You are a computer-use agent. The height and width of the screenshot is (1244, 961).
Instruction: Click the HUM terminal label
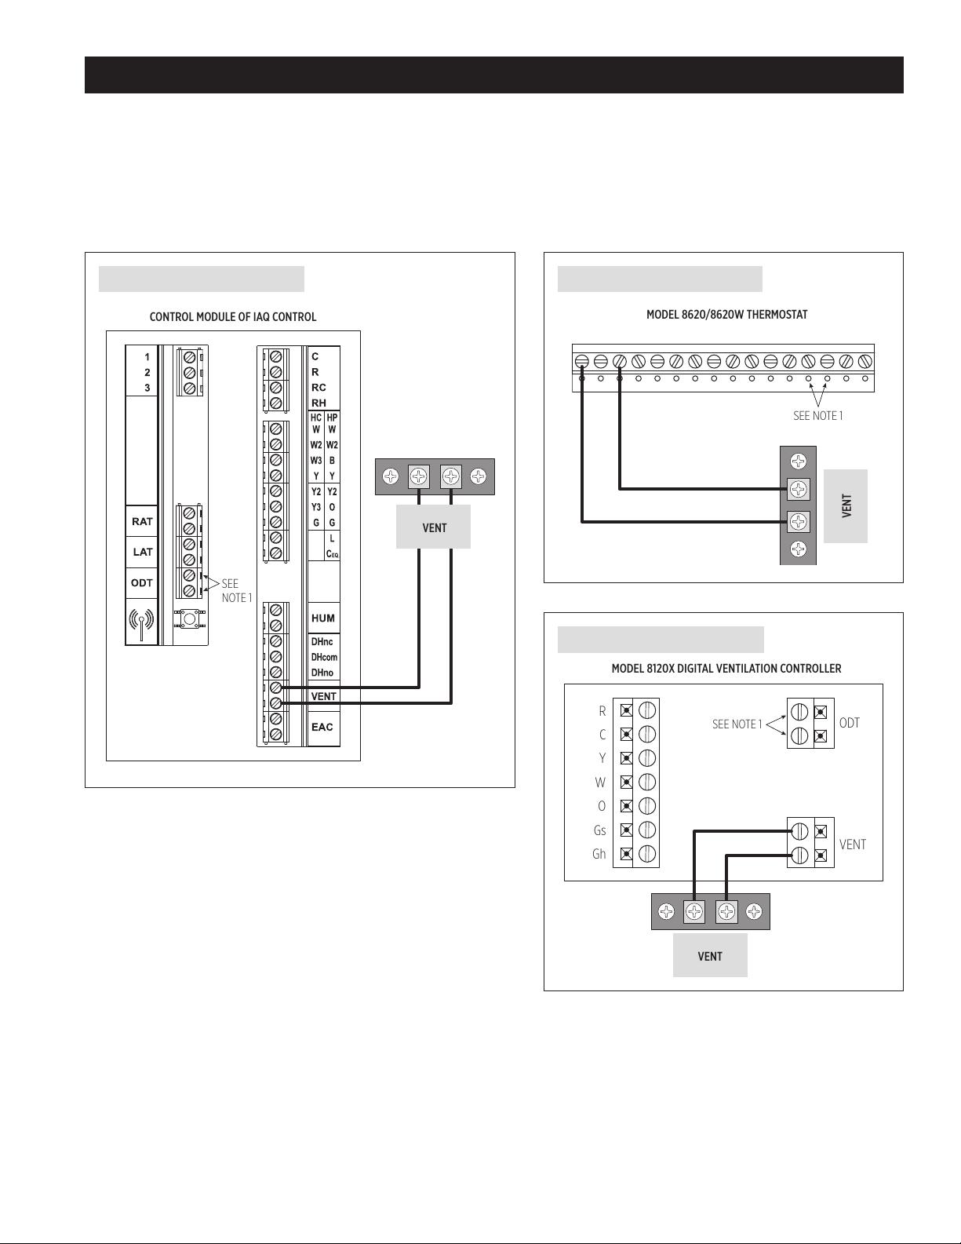(x=323, y=618)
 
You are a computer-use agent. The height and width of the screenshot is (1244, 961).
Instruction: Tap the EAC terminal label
(x=322, y=727)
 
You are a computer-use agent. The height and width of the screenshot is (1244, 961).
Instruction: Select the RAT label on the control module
(x=142, y=521)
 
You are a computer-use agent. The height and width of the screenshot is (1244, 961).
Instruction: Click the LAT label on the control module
(x=143, y=552)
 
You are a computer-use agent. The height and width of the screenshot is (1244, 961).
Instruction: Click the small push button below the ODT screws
(x=188, y=619)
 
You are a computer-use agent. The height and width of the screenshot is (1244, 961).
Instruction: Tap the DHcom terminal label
(x=324, y=657)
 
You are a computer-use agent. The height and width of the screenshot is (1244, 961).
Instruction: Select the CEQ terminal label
(x=333, y=554)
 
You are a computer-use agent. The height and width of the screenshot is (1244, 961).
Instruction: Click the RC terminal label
(x=319, y=388)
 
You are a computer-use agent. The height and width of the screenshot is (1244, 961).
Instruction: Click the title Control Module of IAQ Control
(x=233, y=317)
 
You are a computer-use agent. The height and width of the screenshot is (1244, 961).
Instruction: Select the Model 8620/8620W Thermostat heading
(x=727, y=315)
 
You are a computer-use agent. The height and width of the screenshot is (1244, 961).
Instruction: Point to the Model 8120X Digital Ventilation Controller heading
(x=726, y=669)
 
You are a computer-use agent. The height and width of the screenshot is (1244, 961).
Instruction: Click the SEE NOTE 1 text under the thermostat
(x=818, y=416)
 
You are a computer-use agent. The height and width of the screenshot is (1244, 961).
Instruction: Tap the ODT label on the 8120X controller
(x=850, y=723)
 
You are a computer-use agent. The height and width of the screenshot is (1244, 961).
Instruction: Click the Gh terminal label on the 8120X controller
(x=599, y=854)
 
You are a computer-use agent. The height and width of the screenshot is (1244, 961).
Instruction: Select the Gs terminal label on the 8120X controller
(x=599, y=830)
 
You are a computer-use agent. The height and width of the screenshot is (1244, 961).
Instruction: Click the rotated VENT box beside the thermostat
(x=846, y=506)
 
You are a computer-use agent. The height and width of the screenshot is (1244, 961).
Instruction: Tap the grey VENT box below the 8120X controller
(x=710, y=955)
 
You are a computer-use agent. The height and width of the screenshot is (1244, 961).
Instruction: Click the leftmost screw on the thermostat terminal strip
(x=582, y=361)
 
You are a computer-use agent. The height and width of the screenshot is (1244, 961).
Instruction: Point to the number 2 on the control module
(x=147, y=372)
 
